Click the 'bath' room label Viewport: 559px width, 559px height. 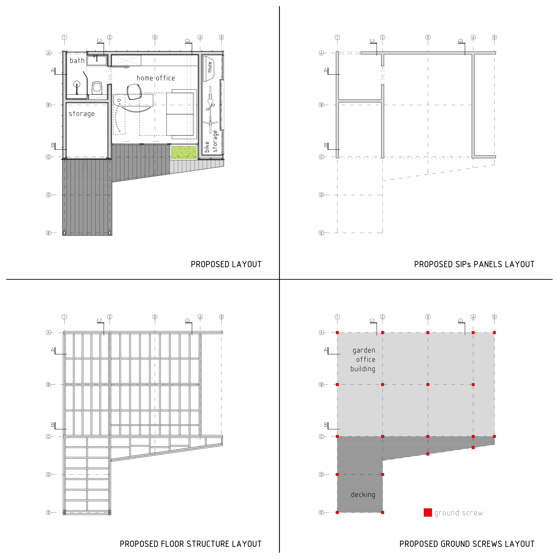(77, 61)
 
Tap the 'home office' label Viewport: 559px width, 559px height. (156, 78)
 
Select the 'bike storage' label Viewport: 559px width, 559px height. (211, 141)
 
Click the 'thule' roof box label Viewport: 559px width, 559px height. (210, 67)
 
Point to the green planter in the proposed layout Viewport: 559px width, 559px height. (184, 152)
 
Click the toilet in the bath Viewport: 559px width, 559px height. (97, 88)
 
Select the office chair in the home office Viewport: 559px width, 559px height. (134, 92)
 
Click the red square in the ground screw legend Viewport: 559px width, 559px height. (428, 512)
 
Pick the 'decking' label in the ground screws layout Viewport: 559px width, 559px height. (363, 494)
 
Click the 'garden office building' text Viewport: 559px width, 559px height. (363, 359)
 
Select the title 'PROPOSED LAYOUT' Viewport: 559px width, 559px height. (226, 264)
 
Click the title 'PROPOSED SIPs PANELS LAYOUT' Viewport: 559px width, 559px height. (474, 264)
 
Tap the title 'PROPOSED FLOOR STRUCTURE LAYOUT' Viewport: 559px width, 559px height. (191, 544)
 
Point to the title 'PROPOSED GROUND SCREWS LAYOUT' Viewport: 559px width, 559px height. (467, 544)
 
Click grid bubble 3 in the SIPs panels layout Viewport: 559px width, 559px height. (428, 37)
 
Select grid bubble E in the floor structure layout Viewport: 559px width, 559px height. (48, 512)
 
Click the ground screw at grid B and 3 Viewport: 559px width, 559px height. (428, 385)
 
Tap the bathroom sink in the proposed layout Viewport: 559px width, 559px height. (97, 61)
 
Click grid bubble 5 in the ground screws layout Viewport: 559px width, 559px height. (494, 317)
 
